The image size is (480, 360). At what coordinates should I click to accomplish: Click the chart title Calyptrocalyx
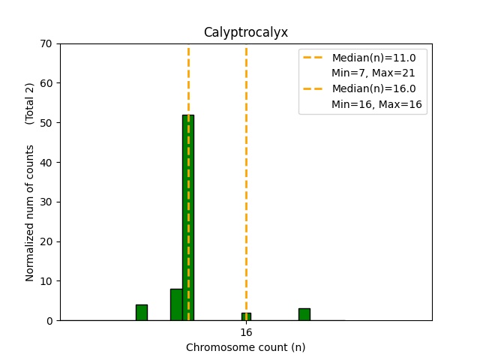(246, 32)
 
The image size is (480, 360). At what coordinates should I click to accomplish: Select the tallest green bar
(188, 217)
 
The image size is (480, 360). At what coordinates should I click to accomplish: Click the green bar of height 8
(176, 304)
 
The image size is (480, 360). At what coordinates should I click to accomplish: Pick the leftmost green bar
(142, 313)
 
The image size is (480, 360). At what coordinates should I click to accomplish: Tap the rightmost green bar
(304, 314)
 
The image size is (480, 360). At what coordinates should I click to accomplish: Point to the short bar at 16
(246, 316)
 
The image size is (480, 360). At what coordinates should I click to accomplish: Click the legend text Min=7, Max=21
(373, 73)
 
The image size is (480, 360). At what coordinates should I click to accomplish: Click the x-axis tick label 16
(246, 332)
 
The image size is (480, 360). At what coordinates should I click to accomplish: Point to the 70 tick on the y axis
(46, 43)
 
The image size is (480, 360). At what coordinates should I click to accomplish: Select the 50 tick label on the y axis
(46, 123)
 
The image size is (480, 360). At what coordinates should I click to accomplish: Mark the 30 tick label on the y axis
(46, 202)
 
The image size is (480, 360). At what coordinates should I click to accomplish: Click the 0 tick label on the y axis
(49, 321)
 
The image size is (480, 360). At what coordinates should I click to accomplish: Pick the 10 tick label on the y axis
(46, 281)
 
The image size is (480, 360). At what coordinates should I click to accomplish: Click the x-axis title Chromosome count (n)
(246, 347)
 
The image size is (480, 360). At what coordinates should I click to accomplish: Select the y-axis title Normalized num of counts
(30, 213)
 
